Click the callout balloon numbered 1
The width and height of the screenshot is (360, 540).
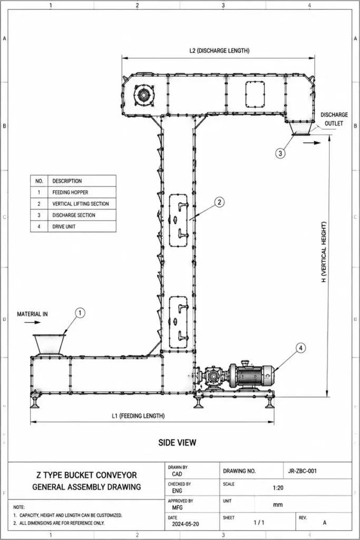coord(80,313)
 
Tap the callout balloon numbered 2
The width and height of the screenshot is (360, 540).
coord(220,202)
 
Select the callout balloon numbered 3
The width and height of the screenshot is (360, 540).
coord(280,153)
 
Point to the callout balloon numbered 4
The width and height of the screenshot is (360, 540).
coord(301,348)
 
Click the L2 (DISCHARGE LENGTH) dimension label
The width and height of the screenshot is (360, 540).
coord(219,51)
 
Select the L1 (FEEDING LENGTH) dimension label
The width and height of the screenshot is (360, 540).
coord(138,416)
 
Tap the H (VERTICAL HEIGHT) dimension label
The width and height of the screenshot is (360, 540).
coord(324,252)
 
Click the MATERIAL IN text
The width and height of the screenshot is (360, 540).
coord(32,314)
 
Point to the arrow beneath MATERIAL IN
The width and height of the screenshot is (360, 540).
coord(32,322)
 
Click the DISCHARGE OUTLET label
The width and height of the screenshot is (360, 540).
coord(334,119)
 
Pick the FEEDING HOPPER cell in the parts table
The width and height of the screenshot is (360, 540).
coord(82,192)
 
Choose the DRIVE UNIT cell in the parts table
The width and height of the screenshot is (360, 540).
coord(82,226)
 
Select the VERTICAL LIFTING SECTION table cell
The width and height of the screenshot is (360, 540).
coord(82,204)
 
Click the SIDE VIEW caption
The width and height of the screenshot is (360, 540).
coord(177,442)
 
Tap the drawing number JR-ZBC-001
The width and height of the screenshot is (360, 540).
coord(302,471)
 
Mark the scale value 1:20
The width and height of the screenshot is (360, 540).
coord(278,488)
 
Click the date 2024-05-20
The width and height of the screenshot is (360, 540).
coord(186,524)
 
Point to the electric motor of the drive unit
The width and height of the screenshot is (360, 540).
coord(251,375)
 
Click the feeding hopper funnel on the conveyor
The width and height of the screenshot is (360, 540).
coord(49,344)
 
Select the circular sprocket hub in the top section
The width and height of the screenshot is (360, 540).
coord(142,94)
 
